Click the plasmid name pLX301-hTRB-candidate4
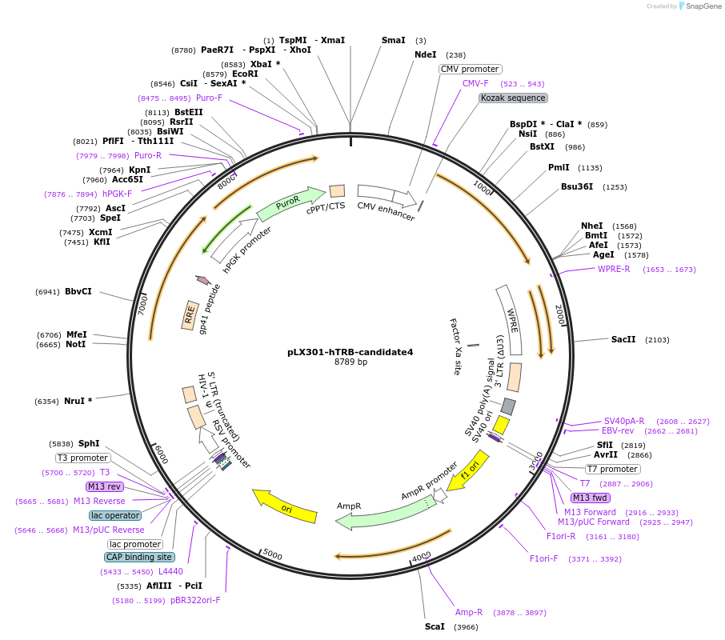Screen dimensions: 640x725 point(350,351)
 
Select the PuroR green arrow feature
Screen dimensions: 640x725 point(290,203)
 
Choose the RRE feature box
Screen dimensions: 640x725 point(190,316)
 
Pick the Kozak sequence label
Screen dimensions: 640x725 point(513,98)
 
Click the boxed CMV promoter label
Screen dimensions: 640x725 point(470,69)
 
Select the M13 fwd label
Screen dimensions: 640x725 point(590,498)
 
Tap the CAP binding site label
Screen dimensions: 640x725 point(138,557)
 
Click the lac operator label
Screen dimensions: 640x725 point(115,515)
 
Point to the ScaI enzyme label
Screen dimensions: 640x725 point(435,626)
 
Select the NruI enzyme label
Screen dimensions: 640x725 point(78,401)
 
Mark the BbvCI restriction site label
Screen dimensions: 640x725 point(78,291)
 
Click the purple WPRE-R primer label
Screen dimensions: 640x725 point(614,269)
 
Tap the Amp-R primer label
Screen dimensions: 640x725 point(469,612)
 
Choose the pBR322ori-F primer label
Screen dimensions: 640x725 point(195,599)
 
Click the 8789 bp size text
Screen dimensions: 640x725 point(350,362)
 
